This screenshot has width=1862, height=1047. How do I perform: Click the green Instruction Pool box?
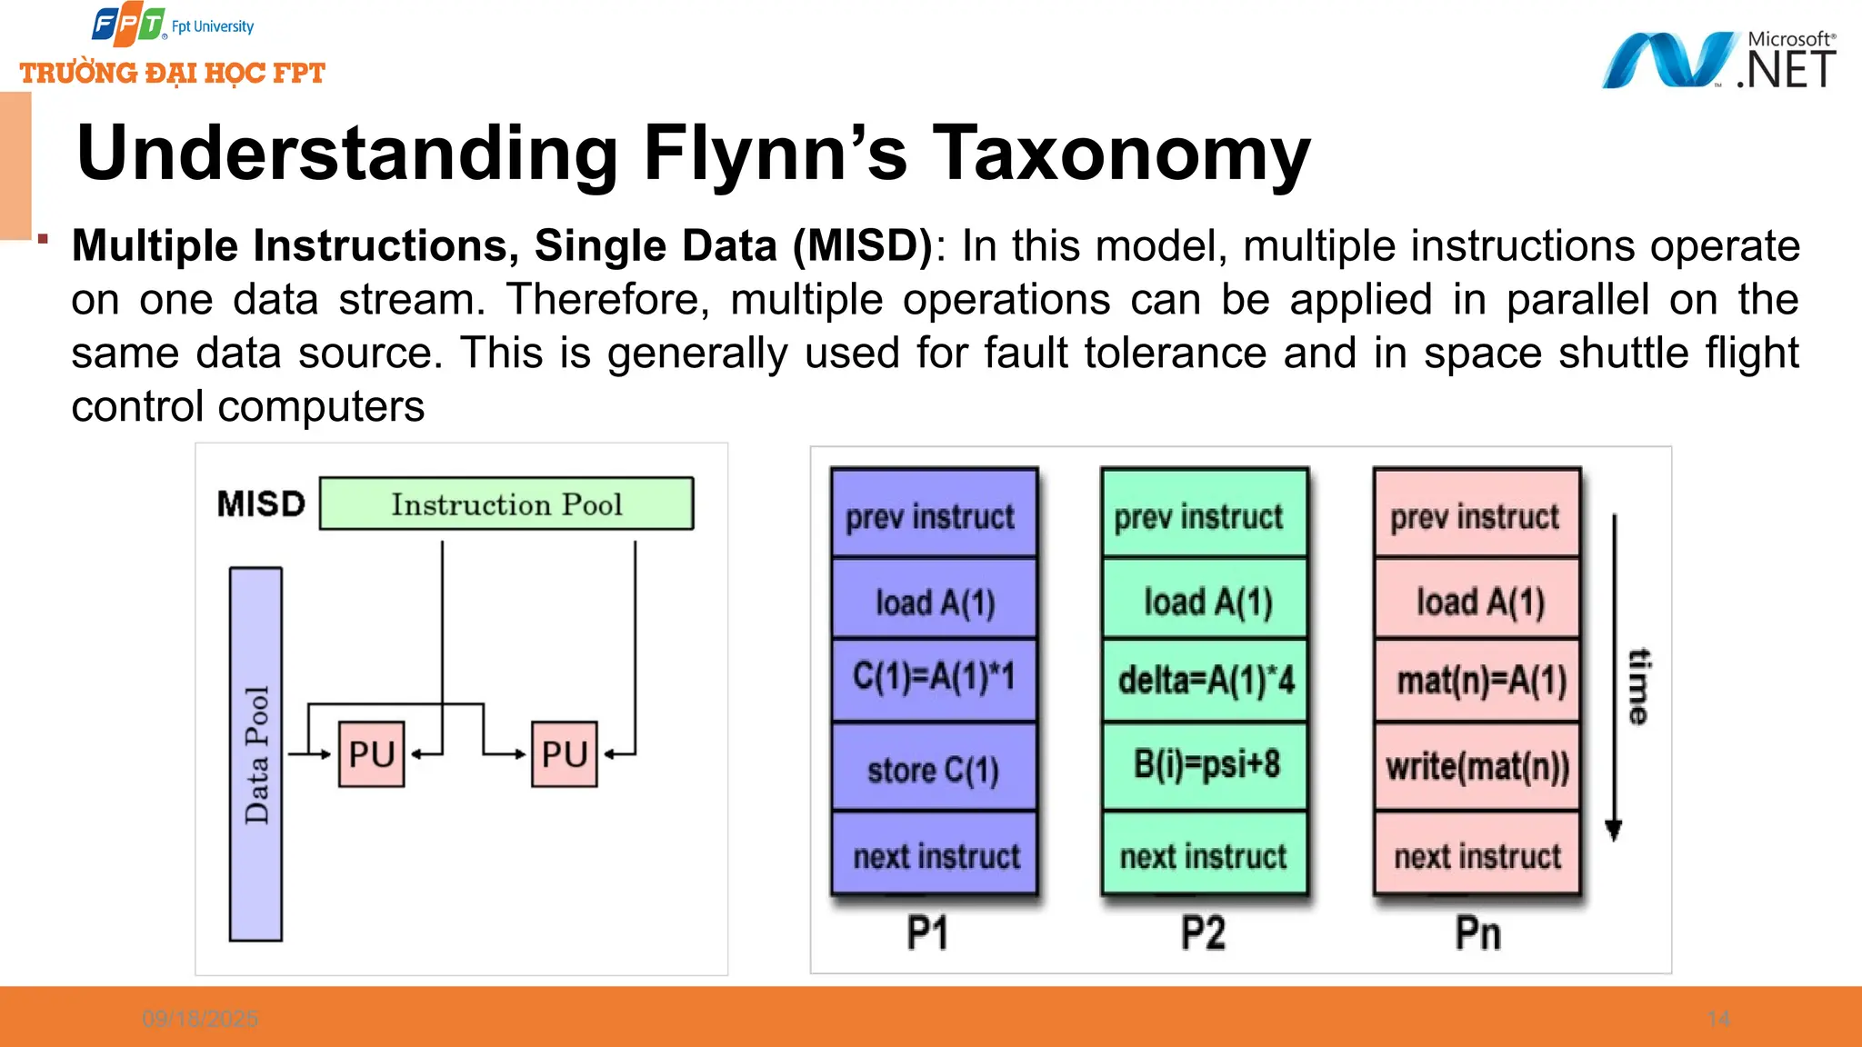pos(506,504)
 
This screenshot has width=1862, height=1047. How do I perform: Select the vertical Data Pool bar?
pos(255,754)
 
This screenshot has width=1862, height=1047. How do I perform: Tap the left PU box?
pos(371,753)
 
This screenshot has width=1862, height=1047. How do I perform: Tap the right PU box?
pos(564,753)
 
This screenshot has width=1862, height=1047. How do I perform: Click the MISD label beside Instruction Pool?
pos(261,504)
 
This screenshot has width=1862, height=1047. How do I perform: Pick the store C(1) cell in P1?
pos(934,769)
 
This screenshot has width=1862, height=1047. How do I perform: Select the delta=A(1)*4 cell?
pos(1205,680)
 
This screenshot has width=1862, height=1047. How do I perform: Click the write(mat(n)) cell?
pos(1477,767)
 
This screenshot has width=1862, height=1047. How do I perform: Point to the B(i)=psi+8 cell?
pos(1205,765)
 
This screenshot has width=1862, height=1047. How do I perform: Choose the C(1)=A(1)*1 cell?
pos(934,678)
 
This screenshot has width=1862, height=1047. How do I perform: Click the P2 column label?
pos(1203,933)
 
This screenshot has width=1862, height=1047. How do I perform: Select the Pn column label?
pos(1477,933)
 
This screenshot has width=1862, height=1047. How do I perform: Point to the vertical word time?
pos(1637,686)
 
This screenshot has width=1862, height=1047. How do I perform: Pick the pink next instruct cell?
pos(1477,855)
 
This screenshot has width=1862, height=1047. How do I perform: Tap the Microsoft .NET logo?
pos(1718,60)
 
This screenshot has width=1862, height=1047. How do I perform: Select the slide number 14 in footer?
pos(1718,1019)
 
